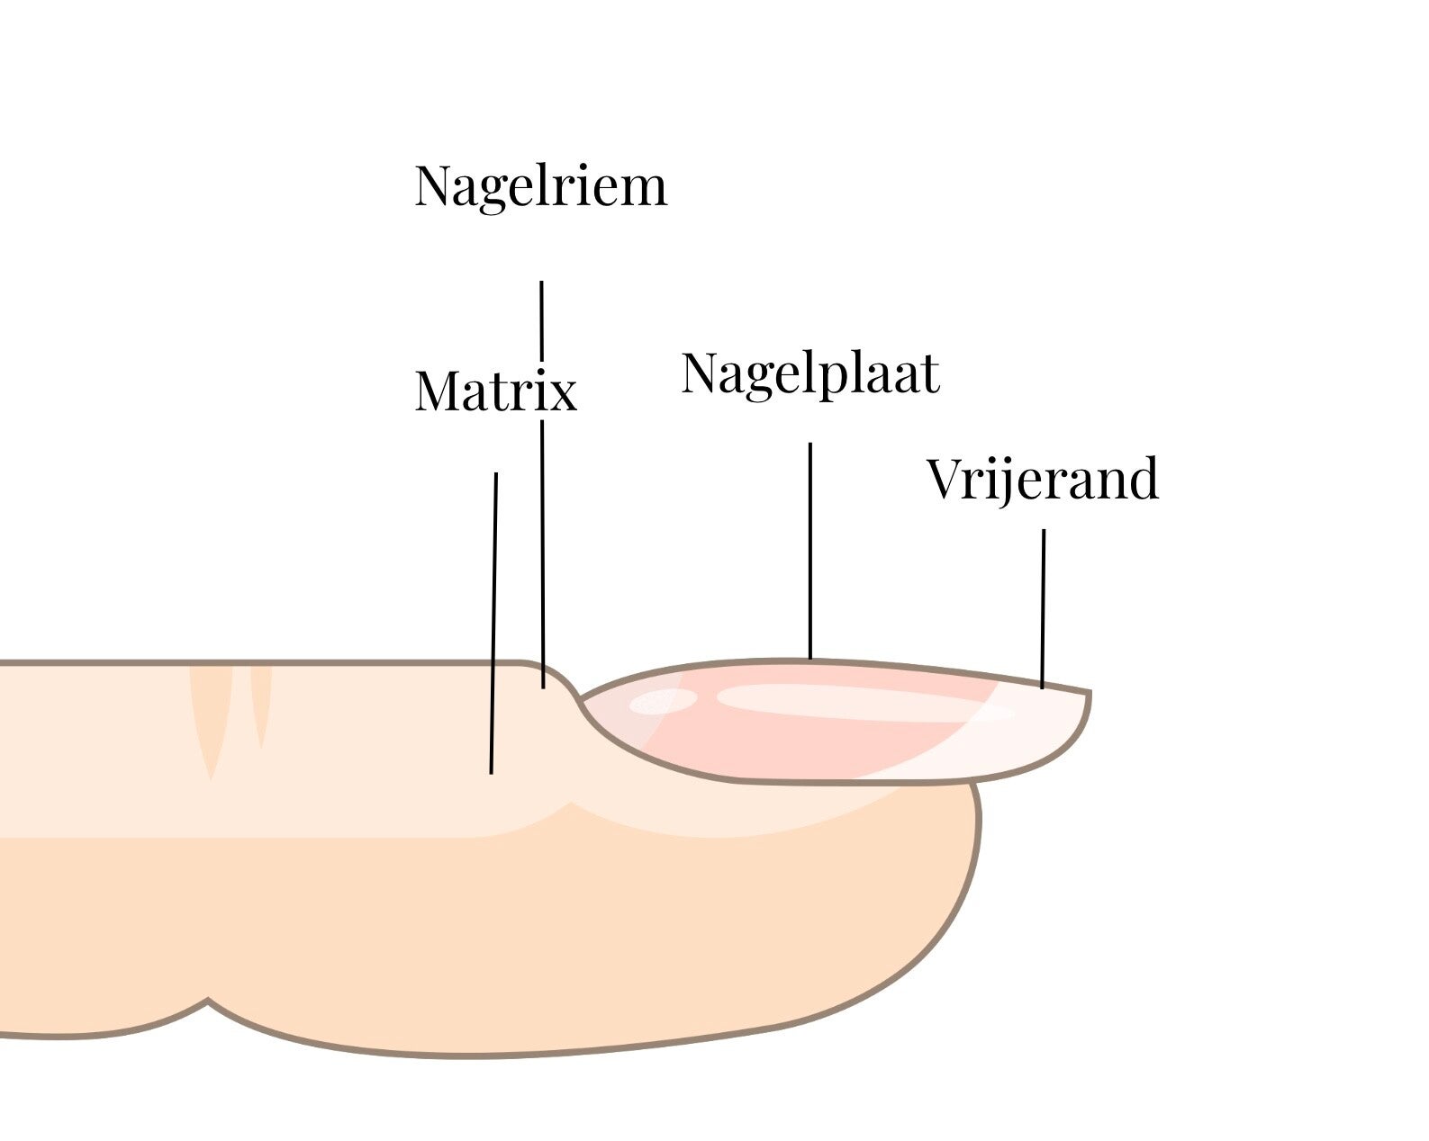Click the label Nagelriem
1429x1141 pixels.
point(540,186)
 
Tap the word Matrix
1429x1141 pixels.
point(495,391)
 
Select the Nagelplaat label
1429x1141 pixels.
point(810,373)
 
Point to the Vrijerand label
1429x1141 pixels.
point(1043,479)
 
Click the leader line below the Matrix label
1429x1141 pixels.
point(494,621)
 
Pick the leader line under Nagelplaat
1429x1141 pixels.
point(810,549)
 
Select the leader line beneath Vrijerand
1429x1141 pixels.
point(1044,607)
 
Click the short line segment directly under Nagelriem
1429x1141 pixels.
point(541,319)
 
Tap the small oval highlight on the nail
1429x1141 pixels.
point(663,700)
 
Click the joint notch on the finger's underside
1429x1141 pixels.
point(208,1000)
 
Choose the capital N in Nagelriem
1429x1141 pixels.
point(432,186)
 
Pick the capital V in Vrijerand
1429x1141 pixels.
point(945,479)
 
